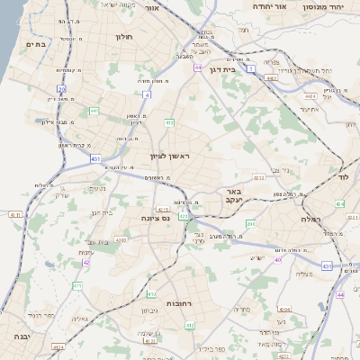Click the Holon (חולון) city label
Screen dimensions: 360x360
pos(124,37)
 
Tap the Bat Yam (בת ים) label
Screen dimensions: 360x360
pos(36,42)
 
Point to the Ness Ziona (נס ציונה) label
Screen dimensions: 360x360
pos(157,218)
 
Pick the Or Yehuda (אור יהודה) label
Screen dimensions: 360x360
pos(267,5)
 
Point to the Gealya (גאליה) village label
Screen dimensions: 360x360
pos(80,319)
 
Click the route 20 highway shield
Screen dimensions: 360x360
pos(61,89)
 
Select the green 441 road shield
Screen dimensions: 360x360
pos(94,111)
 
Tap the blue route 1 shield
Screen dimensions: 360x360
pos(253,68)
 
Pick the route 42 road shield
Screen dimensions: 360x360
pos(85,263)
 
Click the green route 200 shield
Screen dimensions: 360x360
pos(250,223)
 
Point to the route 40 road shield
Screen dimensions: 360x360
pos(278,260)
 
